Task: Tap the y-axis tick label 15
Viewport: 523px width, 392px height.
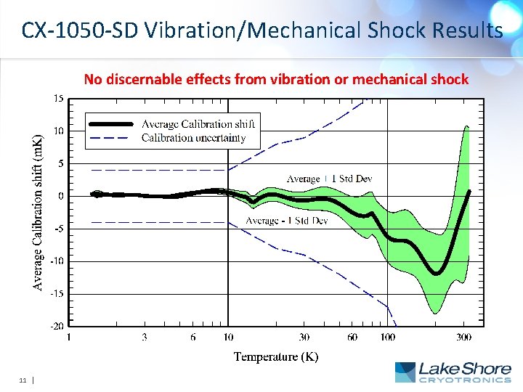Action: [x=57, y=99]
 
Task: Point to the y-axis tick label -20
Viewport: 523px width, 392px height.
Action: [x=56, y=326]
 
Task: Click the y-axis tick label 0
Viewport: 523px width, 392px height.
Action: [x=60, y=196]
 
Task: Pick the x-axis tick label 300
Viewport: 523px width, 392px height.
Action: [x=463, y=337]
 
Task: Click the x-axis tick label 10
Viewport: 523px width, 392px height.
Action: [x=228, y=337]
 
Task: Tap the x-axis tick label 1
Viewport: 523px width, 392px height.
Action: [x=68, y=337]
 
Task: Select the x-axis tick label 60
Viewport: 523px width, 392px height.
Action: [x=352, y=337]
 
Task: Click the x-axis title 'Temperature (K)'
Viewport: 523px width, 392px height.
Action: [x=276, y=356]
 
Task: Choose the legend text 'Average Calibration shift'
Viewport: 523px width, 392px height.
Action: [x=198, y=124]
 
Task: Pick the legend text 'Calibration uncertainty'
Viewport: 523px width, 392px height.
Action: [x=193, y=137]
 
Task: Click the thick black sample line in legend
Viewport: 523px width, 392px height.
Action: [x=110, y=124]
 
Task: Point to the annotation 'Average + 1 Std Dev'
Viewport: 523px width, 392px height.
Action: [x=330, y=179]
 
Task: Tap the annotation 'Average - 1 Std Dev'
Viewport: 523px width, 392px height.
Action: [x=287, y=221]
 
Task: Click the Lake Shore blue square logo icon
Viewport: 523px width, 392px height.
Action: [x=405, y=372]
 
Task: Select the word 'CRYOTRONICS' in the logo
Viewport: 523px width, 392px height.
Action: [x=465, y=380]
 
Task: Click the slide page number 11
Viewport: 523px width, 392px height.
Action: [x=23, y=380]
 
